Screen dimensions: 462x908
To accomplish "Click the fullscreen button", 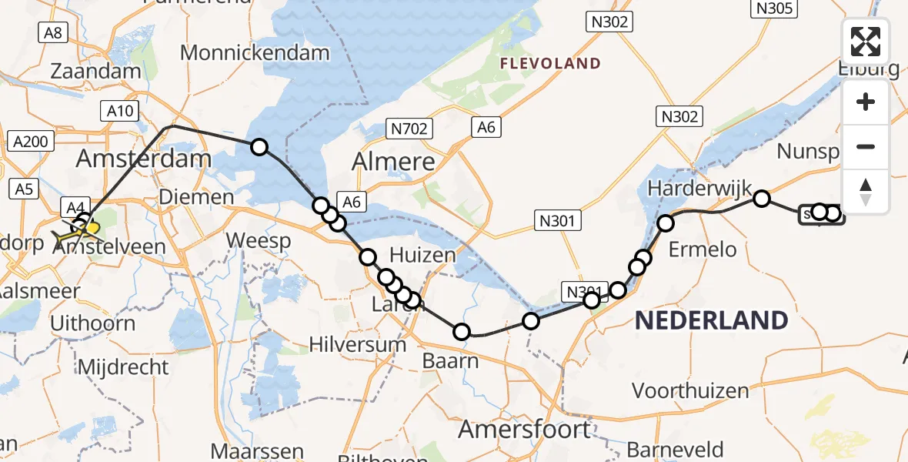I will coord(866,42).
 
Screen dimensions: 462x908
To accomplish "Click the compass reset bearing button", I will coord(866,191).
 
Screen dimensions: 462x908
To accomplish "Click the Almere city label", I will coord(393,162).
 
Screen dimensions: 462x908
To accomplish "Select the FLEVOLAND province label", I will coord(550,63).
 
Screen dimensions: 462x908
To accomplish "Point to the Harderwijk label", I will coord(693,188).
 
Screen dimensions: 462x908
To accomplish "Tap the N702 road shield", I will coord(409,129).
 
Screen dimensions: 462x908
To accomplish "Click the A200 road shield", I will coord(30,141).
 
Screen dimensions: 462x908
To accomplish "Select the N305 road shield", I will coord(774,8).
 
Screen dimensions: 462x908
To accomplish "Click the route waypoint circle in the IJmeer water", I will coord(259,147).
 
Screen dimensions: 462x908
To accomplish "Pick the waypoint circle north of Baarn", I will coord(461,332).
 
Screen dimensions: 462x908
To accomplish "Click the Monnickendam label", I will coord(255,53).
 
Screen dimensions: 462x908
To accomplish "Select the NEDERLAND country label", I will coord(711,320).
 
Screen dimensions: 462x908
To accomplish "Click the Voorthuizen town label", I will coord(690,390).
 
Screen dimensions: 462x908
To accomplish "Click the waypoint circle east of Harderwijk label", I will coord(761,199).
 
